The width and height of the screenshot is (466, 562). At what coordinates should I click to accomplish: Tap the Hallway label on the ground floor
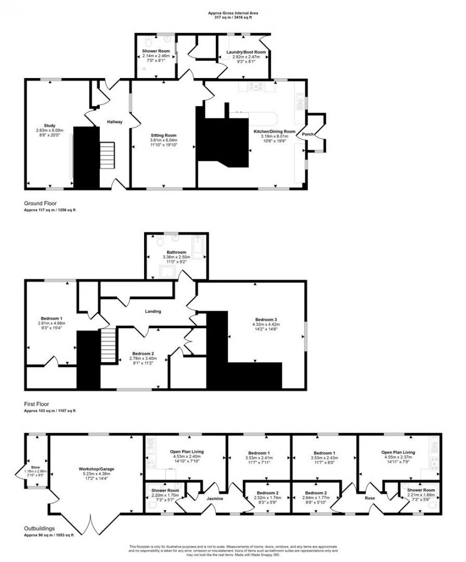coord(115,122)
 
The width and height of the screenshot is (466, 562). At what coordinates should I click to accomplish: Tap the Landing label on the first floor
coord(153,312)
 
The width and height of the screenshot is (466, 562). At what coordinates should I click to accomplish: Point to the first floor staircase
coord(108,347)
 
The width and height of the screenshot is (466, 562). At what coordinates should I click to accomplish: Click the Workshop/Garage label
coord(97,469)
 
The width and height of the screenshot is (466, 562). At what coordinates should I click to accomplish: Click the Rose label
coord(369,498)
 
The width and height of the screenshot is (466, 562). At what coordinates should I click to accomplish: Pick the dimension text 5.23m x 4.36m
coord(97,474)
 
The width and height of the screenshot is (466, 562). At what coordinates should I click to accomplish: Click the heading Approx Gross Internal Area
coord(233,13)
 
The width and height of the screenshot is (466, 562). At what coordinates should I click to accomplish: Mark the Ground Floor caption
coord(40,203)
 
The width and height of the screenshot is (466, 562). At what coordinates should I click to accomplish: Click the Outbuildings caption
coord(40,528)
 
